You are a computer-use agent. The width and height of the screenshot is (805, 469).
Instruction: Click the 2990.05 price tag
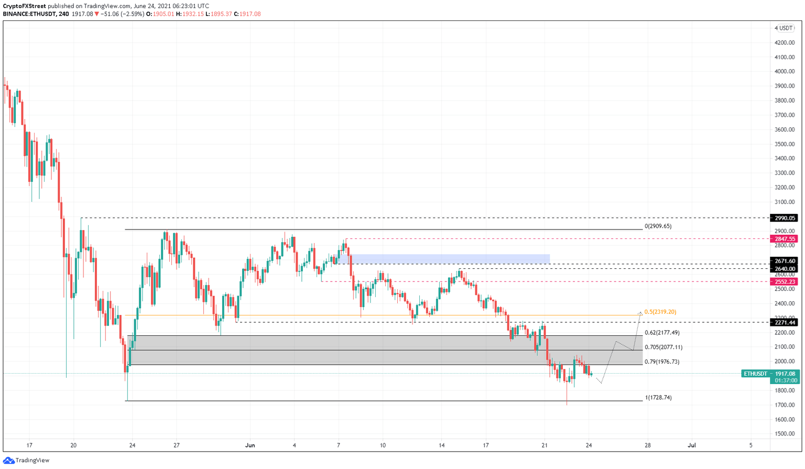point(784,218)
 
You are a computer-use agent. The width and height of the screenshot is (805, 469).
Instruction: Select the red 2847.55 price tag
point(784,239)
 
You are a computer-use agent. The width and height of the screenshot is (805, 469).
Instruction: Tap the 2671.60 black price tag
point(784,261)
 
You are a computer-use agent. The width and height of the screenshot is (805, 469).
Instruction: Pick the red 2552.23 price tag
point(784,282)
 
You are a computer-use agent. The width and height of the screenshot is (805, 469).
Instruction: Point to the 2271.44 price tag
point(784,323)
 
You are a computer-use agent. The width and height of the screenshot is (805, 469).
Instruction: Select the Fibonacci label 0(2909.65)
point(658,226)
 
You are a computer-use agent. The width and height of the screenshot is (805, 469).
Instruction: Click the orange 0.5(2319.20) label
point(660,312)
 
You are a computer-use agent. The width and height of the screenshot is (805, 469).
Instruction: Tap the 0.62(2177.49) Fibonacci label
point(661,333)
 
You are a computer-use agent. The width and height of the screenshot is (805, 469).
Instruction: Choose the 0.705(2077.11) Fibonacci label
point(663,347)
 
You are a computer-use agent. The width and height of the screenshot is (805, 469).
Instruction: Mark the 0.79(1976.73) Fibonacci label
point(661,362)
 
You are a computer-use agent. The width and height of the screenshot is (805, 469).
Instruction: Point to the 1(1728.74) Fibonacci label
point(658,398)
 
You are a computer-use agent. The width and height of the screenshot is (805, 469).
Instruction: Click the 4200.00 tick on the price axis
point(784,42)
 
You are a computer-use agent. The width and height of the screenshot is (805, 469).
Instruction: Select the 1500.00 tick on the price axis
point(784,434)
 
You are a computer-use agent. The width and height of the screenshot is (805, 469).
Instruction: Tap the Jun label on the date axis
point(250,445)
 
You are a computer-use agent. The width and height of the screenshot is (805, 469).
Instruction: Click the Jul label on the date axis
point(692,445)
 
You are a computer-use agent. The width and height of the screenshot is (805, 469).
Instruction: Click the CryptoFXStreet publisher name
point(25,6)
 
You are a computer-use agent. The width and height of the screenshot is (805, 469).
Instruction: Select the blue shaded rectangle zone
point(450,259)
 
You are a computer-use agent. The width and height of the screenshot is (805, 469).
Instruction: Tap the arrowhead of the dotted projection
point(640,313)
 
